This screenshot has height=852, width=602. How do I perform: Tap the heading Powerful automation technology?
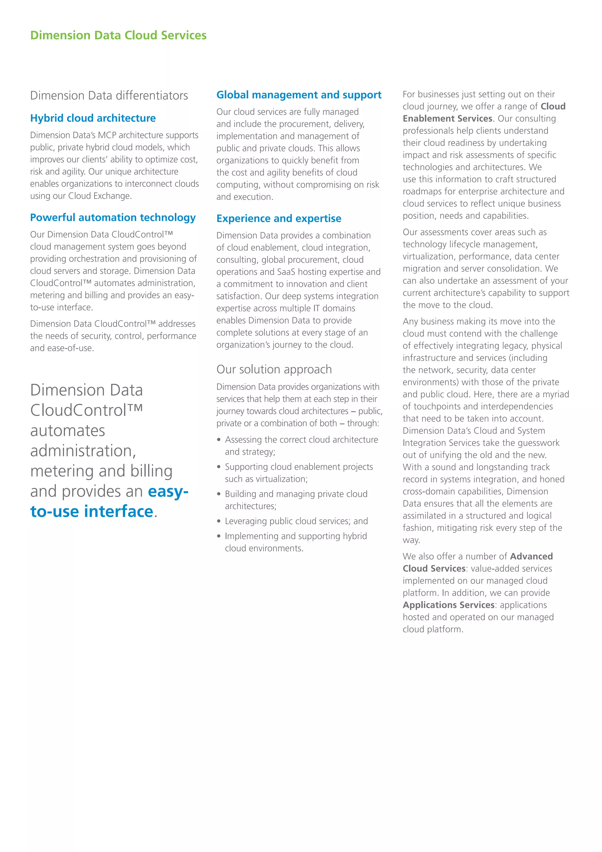point(113,217)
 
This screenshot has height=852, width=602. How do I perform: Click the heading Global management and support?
point(299,95)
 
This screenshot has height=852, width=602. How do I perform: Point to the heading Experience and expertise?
point(279,219)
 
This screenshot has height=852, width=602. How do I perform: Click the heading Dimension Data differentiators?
point(109,96)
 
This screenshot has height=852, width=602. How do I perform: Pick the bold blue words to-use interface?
point(92,511)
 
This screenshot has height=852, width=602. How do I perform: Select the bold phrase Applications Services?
point(449,605)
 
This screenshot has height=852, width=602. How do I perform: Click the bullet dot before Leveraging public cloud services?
point(219,521)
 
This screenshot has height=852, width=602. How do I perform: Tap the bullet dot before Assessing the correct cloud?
point(219,440)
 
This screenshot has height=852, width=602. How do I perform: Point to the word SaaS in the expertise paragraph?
point(286,272)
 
